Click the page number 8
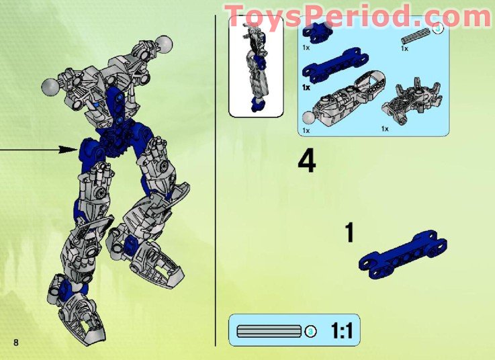click(x=15, y=343)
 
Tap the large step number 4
click(x=306, y=162)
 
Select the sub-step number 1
click(x=349, y=233)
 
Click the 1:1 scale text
click(x=342, y=330)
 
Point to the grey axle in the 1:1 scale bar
click(x=268, y=331)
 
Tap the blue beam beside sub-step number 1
click(x=403, y=253)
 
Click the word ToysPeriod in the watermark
click(x=316, y=15)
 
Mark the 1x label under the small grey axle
click(x=404, y=48)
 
